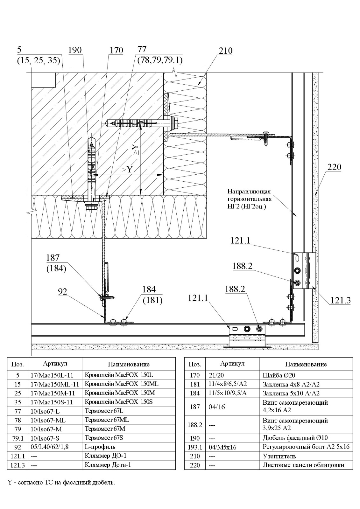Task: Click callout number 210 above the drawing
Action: [x=226, y=51]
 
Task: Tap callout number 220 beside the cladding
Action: [x=334, y=167]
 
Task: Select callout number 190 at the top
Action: [x=75, y=50]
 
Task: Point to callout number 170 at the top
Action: [x=116, y=50]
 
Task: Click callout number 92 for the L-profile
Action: [x=63, y=291]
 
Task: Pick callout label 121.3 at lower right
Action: [x=340, y=300]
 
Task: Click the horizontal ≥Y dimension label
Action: [x=126, y=170]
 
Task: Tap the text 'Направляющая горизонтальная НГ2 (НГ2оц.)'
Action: [x=250, y=199]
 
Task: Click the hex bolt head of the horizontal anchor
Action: [x=175, y=123]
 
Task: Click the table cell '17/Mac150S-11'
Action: [x=52, y=402]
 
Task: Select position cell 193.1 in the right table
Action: [x=194, y=447]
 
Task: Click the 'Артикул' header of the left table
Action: [x=55, y=364]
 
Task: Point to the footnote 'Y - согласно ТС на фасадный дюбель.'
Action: [x=61, y=482]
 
